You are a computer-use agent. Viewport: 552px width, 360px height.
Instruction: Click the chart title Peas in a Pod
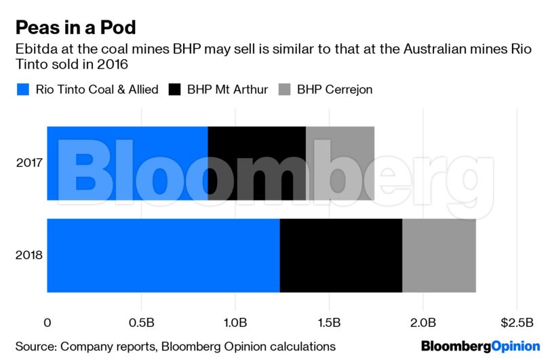coord(76,28)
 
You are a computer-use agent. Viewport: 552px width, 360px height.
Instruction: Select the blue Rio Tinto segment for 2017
coord(127,163)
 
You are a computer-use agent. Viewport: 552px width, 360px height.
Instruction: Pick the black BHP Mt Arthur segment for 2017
coord(256,163)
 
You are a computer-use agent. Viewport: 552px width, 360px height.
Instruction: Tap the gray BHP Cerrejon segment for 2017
coord(340,163)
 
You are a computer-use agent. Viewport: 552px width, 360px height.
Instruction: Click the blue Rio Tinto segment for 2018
coord(163,256)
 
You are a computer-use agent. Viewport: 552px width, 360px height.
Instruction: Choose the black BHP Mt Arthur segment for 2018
coord(340,256)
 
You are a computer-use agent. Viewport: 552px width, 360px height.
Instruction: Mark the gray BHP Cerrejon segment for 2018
coord(439,256)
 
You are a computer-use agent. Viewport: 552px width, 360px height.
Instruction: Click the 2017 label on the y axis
coord(28,163)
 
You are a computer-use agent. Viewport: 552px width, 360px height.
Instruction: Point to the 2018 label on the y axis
coord(28,256)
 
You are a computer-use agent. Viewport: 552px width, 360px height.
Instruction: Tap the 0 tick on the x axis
coord(47,321)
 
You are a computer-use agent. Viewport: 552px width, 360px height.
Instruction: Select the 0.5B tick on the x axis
coord(141,321)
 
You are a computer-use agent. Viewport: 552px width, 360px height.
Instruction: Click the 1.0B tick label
coord(235,321)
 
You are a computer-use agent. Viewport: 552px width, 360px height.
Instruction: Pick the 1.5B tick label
coord(329,321)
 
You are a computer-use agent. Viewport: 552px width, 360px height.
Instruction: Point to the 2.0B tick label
coord(423,321)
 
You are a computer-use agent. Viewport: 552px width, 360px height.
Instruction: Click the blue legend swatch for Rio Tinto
coord(23,89)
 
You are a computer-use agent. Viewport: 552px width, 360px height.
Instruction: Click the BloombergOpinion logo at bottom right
coord(480,346)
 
